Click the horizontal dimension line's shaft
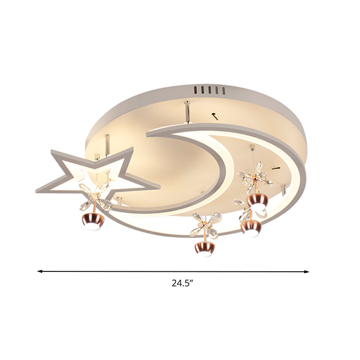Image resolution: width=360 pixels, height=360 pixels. click(x=173, y=271)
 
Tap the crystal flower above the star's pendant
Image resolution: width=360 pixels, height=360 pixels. click(x=95, y=197)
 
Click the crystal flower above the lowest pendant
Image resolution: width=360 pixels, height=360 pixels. click(x=206, y=225)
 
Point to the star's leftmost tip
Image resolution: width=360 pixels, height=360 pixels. click(x=38, y=191)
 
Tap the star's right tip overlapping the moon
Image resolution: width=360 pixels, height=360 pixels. click(x=158, y=185)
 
